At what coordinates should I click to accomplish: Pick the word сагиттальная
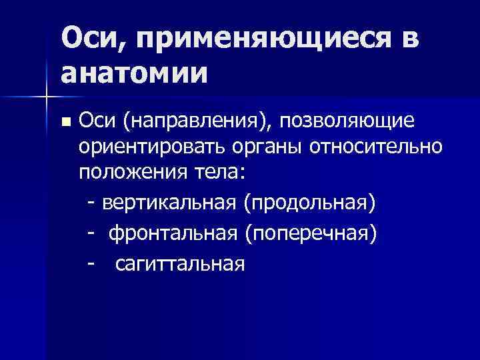(x=180, y=265)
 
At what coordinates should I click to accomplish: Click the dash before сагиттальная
(x=91, y=265)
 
